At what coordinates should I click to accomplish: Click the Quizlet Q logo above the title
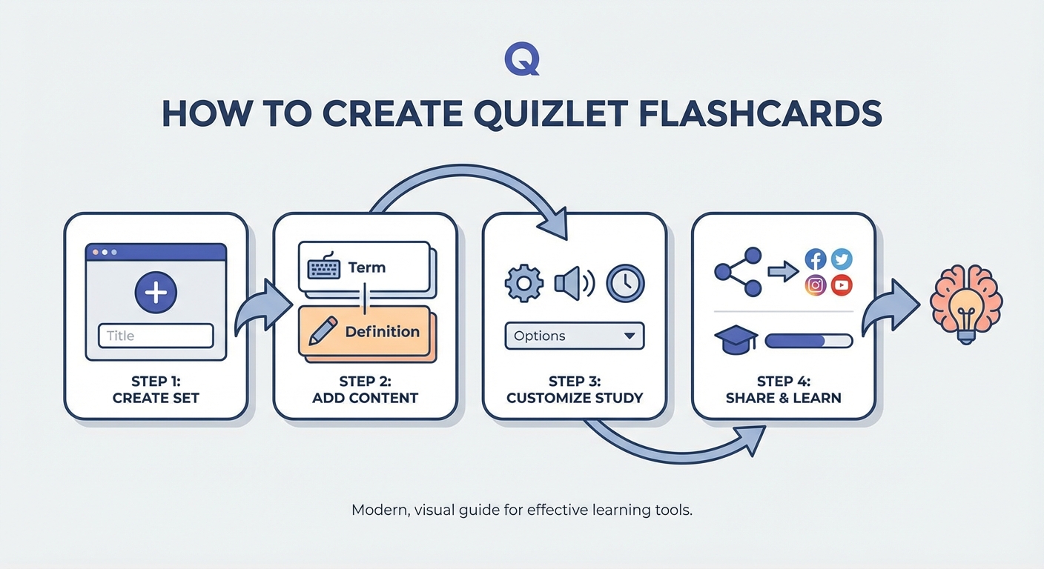pyautogui.click(x=521, y=59)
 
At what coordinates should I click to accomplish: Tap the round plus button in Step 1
pyautogui.click(x=156, y=293)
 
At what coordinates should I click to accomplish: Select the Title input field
pyautogui.click(x=156, y=336)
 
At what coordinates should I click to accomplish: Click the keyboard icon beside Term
pyautogui.click(x=324, y=267)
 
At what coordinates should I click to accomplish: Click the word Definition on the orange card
pyautogui.click(x=382, y=332)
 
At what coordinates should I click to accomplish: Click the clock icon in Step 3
pyautogui.click(x=625, y=284)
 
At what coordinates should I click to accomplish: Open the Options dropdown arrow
pyautogui.click(x=630, y=336)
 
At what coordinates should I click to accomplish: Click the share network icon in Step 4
pyautogui.click(x=737, y=272)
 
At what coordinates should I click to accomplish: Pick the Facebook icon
pyautogui.click(x=816, y=259)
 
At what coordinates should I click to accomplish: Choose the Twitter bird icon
pyautogui.click(x=842, y=259)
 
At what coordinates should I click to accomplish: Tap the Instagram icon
pyautogui.click(x=816, y=285)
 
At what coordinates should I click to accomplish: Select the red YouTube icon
pyautogui.click(x=842, y=285)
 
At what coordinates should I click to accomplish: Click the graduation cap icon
pyautogui.click(x=736, y=341)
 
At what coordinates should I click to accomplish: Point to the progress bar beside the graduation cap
pyautogui.click(x=808, y=341)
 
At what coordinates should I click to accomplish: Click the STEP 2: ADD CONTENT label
pyautogui.click(x=365, y=390)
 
